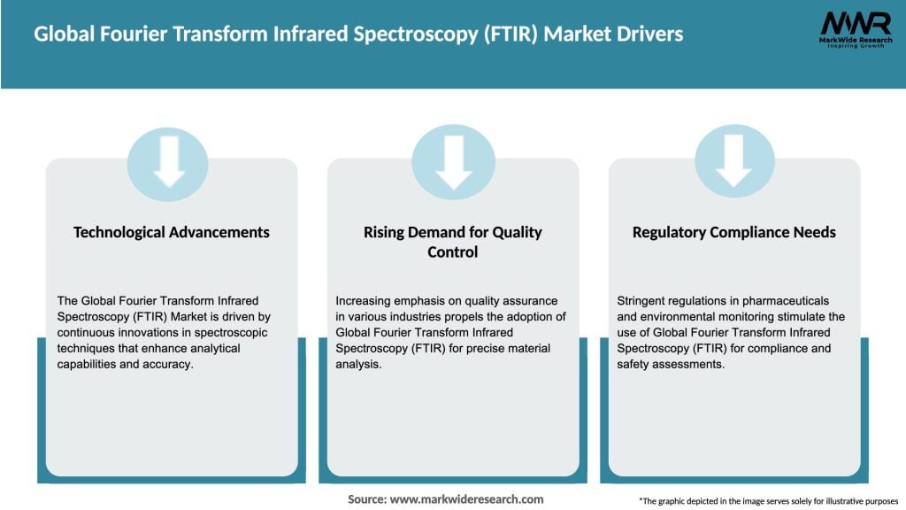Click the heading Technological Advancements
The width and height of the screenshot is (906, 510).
[x=172, y=232]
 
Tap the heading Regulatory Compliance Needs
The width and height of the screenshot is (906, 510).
[x=734, y=232]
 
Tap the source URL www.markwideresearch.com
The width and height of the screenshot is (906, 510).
[x=466, y=499]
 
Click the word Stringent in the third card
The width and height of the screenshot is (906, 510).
[x=643, y=301]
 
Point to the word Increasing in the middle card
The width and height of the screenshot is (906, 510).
[x=365, y=301]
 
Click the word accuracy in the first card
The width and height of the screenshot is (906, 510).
[x=168, y=364]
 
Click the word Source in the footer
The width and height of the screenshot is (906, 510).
[x=365, y=499]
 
